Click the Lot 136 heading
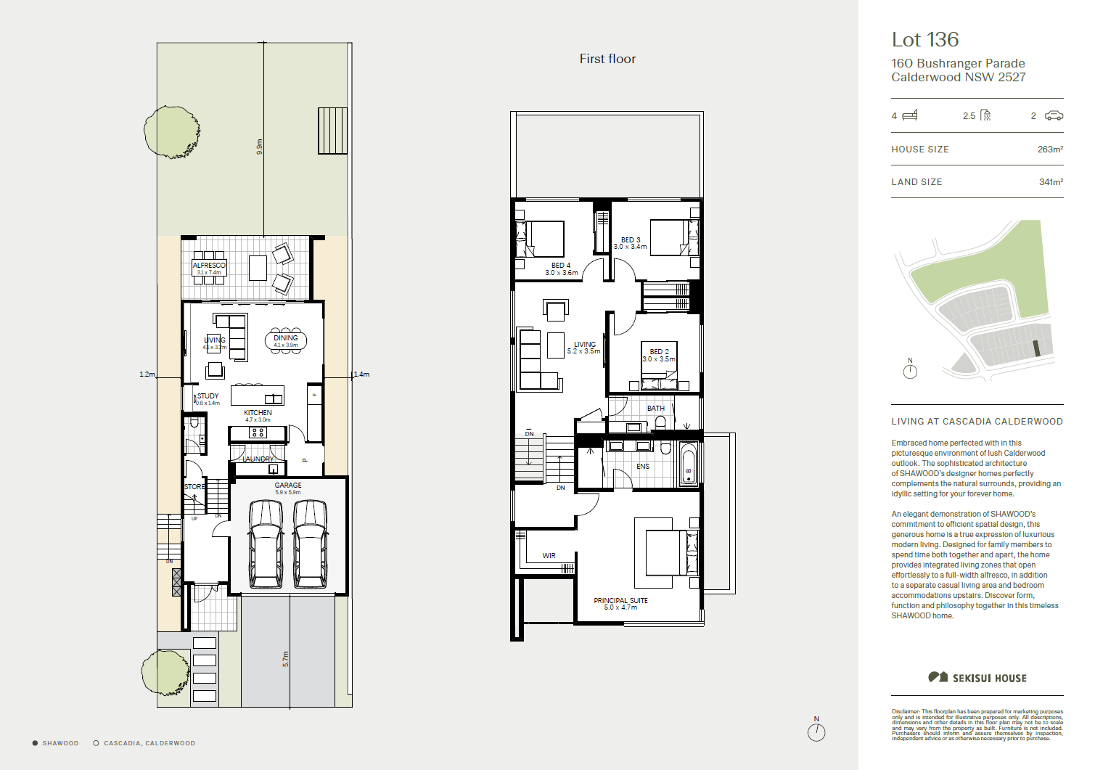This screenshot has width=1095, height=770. pos(925,40)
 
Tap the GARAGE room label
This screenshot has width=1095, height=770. pos(288,486)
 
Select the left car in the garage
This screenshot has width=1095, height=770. pos(266,544)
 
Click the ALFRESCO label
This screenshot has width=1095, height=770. pos(209,266)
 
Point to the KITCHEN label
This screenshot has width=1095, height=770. pos(258,413)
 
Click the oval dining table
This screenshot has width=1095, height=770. pos(286,340)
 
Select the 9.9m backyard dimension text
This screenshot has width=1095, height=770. pos(259,147)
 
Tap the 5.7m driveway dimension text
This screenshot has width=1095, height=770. pos(285,659)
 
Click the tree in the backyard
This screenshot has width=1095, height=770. pos(171,132)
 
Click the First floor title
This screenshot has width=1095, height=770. pos(607,59)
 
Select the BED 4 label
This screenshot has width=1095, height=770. pos(561,266)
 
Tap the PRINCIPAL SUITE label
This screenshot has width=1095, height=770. pos(620,601)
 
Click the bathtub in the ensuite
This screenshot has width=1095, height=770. pos(689,464)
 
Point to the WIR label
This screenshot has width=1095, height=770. pos(549,556)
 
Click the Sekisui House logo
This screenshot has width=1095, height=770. pos(977,678)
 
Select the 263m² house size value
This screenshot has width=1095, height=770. pos(1050,150)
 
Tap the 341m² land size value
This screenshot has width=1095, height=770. pos(1051,182)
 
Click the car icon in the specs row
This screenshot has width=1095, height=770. pos(1054,116)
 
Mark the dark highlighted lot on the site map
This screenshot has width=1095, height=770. pos(1037,348)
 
